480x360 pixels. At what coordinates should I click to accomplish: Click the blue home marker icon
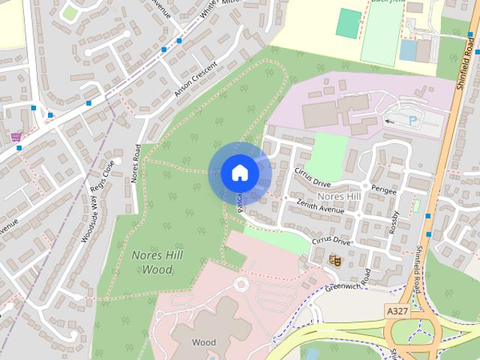pos(239,173)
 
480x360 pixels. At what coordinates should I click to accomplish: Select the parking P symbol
pos(412,120)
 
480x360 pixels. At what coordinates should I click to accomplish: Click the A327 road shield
pos(399,310)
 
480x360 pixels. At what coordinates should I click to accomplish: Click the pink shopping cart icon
pos(16,136)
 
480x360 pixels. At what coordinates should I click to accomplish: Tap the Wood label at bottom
pos(203,343)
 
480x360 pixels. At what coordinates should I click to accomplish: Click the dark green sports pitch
pos(348,22)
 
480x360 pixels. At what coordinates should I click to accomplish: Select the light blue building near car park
pos(408,50)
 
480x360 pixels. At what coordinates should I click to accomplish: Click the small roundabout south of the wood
pos(241,285)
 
